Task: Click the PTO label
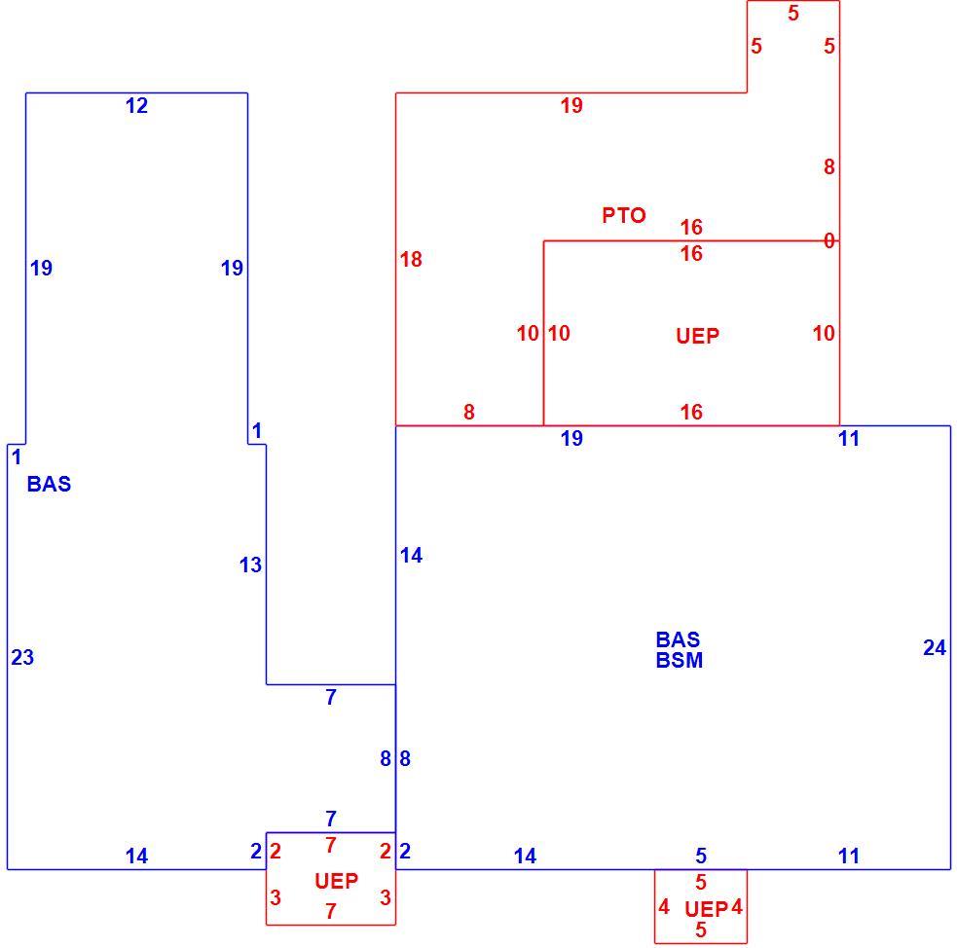(624, 215)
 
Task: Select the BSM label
(680, 661)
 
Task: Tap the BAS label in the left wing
(49, 485)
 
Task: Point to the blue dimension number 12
(136, 106)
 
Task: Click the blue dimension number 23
(22, 658)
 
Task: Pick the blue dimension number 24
(935, 648)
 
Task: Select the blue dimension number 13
(250, 565)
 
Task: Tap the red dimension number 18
(411, 260)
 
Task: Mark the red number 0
(828, 241)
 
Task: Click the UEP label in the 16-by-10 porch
(698, 336)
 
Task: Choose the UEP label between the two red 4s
(706, 910)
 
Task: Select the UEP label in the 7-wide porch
(336, 881)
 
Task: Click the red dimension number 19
(571, 106)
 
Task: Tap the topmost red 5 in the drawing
(793, 14)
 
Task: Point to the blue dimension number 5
(701, 857)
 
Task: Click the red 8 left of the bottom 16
(468, 413)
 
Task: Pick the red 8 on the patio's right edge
(828, 167)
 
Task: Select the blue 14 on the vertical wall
(411, 556)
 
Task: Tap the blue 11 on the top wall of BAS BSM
(849, 439)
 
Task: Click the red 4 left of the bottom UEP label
(664, 907)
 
